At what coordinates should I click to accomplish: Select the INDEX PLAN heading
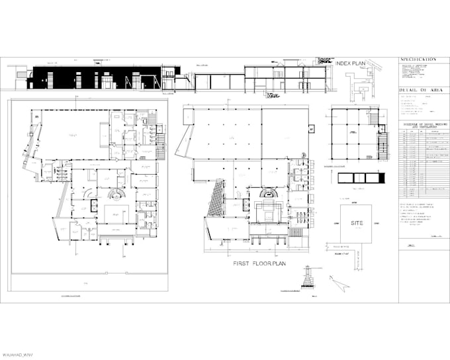coord(352,64)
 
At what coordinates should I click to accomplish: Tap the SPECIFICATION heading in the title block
coord(418,60)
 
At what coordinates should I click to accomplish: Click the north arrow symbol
coord(341,283)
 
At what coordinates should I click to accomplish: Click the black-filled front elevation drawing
coord(93,77)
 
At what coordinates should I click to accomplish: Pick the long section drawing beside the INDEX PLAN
coord(285,77)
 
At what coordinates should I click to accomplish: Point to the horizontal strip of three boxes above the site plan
coord(360,179)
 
